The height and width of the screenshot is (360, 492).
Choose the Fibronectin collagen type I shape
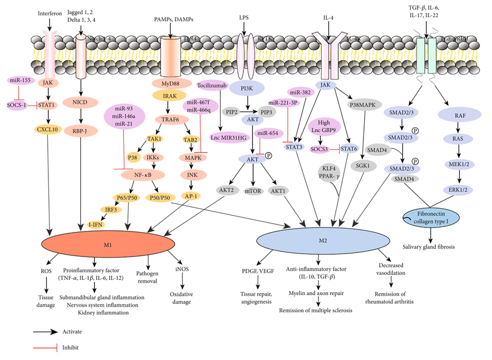[x=431, y=219]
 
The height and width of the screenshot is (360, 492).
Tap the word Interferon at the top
[x=49, y=13]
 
